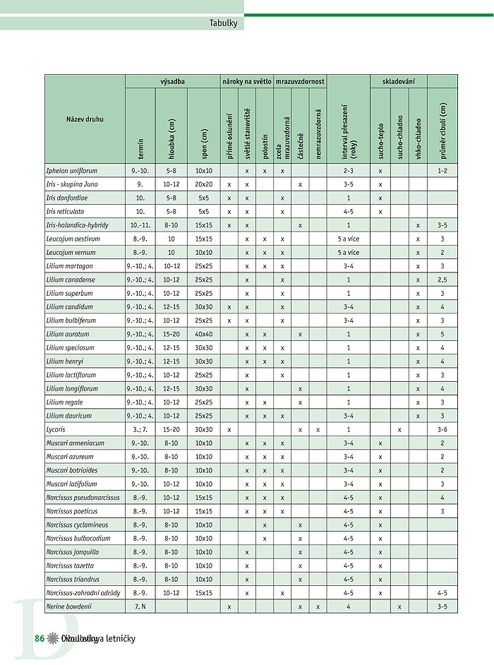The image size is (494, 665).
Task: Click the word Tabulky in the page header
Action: [x=224, y=23]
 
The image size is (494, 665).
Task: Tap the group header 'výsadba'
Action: [x=172, y=81]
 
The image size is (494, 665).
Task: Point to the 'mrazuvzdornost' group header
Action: [x=300, y=81]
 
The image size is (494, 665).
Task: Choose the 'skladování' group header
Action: [x=399, y=81]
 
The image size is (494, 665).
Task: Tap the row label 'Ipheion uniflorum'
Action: [x=72, y=171]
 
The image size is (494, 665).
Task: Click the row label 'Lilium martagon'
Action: [x=69, y=266]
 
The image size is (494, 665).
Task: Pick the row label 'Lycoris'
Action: [x=56, y=429]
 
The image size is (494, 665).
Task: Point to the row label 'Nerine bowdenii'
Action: [x=69, y=606]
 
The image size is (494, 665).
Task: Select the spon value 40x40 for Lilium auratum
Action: [x=204, y=334]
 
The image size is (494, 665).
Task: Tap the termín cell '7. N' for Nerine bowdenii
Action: [x=140, y=606]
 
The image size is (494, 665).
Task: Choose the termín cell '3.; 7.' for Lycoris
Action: [x=140, y=429]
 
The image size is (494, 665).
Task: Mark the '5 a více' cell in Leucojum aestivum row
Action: [x=348, y=239]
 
